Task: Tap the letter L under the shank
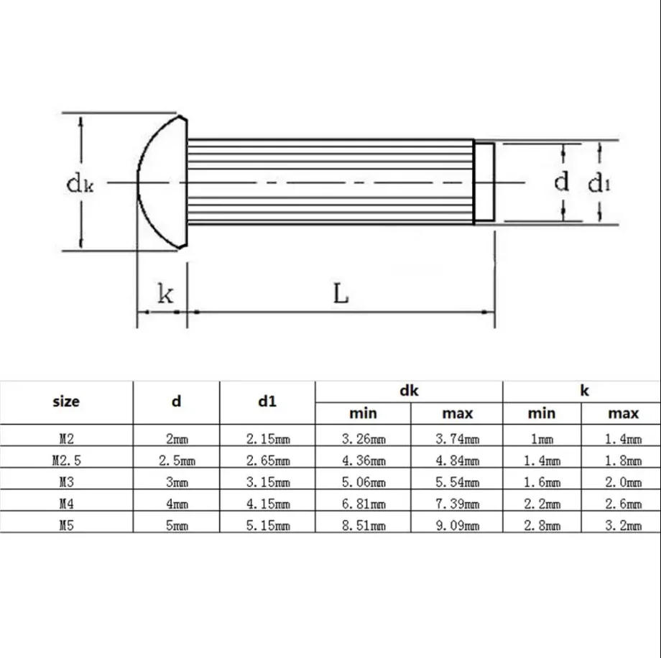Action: [341, 293]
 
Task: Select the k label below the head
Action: [165, 293]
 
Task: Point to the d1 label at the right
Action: [599, 184]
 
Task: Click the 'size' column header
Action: [66, 402]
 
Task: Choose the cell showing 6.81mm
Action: [363, 504]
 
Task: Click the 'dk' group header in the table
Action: [409, 391]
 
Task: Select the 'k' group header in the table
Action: [584, 391]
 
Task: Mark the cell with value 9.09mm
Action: [457, 525]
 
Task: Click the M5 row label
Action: [66, 525]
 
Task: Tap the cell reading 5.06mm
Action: [363, 482]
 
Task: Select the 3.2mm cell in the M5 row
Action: [622, 525]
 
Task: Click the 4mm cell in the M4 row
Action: [176, 504]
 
